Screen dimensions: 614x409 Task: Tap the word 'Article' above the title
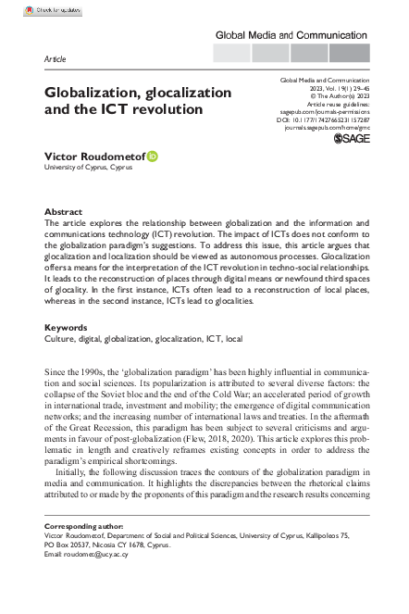pyautogui.click(x=55, y=58)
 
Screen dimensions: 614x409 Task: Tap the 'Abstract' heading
pyautogui.click(x=63, y=212)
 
